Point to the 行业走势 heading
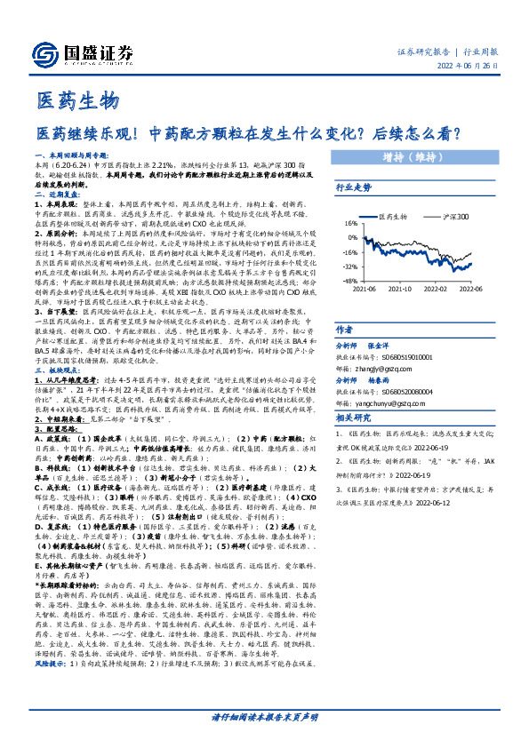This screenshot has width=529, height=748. point(353,188)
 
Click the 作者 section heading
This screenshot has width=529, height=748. point(343,328)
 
